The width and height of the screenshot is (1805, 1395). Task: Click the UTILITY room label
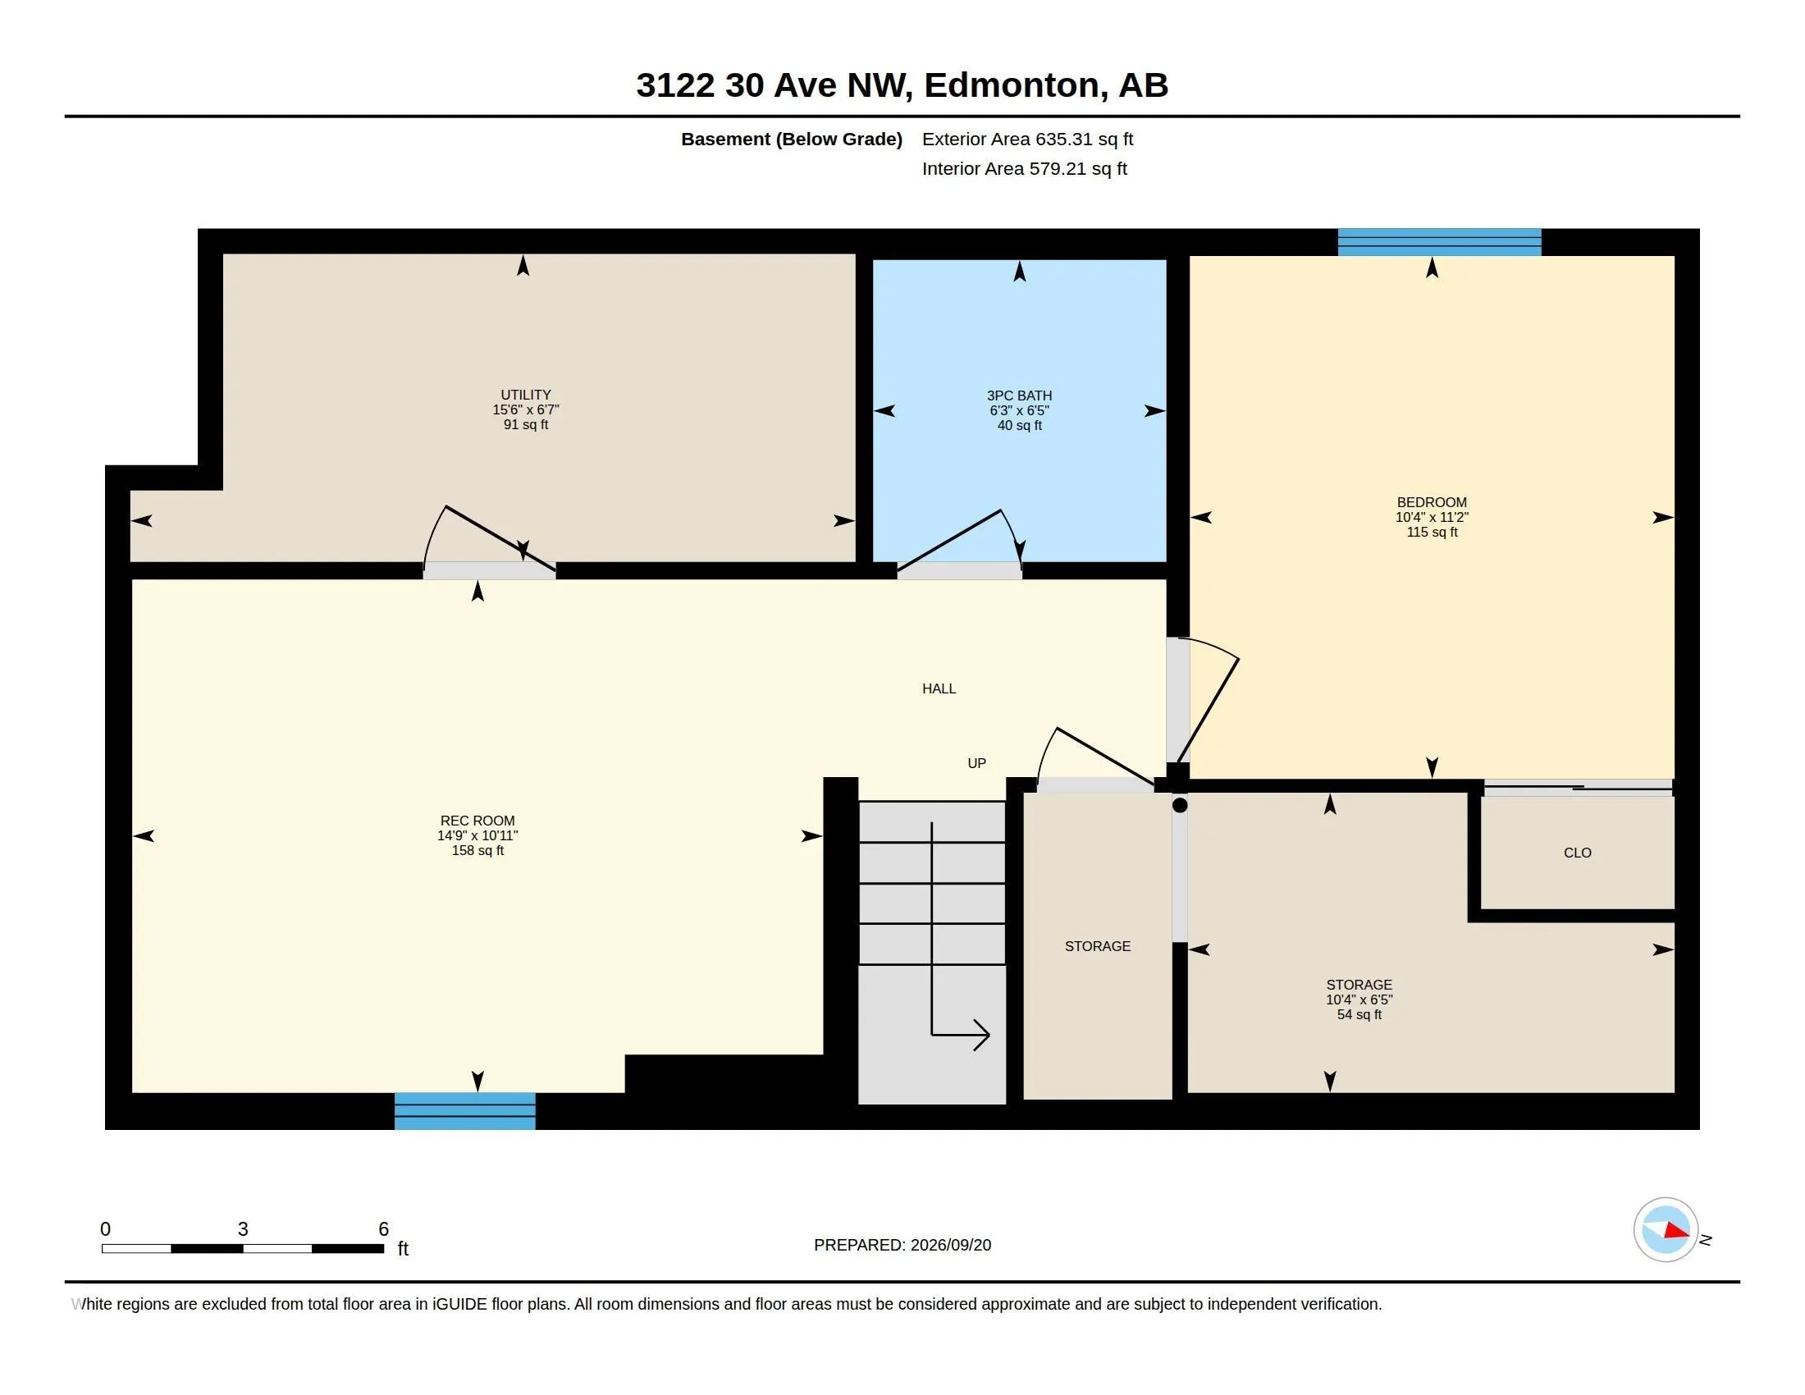[x=526, y=395]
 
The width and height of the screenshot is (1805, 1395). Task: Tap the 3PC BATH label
[x=1019, y=396]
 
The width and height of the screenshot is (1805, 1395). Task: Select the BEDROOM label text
[x=1432, y=502]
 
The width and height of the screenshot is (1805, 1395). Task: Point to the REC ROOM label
[x=477, y=821]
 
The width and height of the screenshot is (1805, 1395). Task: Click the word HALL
[x=939, y=688]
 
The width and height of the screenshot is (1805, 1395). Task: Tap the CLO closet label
[x=1577, y=853]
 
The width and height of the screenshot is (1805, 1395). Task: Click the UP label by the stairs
[x=976, y=763]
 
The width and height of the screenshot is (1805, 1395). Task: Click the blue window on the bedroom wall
[x=1439, y=241]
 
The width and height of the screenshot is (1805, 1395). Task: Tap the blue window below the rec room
[x=464, y=1110]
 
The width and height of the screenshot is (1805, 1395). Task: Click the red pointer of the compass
[x=1675, y=1231]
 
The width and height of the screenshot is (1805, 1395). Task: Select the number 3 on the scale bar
[x=243, y=1229]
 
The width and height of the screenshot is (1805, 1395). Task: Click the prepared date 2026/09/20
[x=950, y=1245]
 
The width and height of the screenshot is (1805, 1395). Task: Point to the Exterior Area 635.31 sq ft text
[x=1027, y=139]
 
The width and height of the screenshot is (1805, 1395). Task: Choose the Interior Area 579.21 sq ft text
[x=1024, y=168]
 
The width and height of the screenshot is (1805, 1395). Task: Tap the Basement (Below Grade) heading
[x=791, y=139]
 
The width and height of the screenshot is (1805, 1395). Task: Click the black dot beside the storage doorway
[x=1179, y=805]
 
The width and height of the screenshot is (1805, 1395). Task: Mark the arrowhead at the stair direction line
[x=982, y=1034]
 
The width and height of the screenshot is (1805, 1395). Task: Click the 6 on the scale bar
[x=383, y=1229]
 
